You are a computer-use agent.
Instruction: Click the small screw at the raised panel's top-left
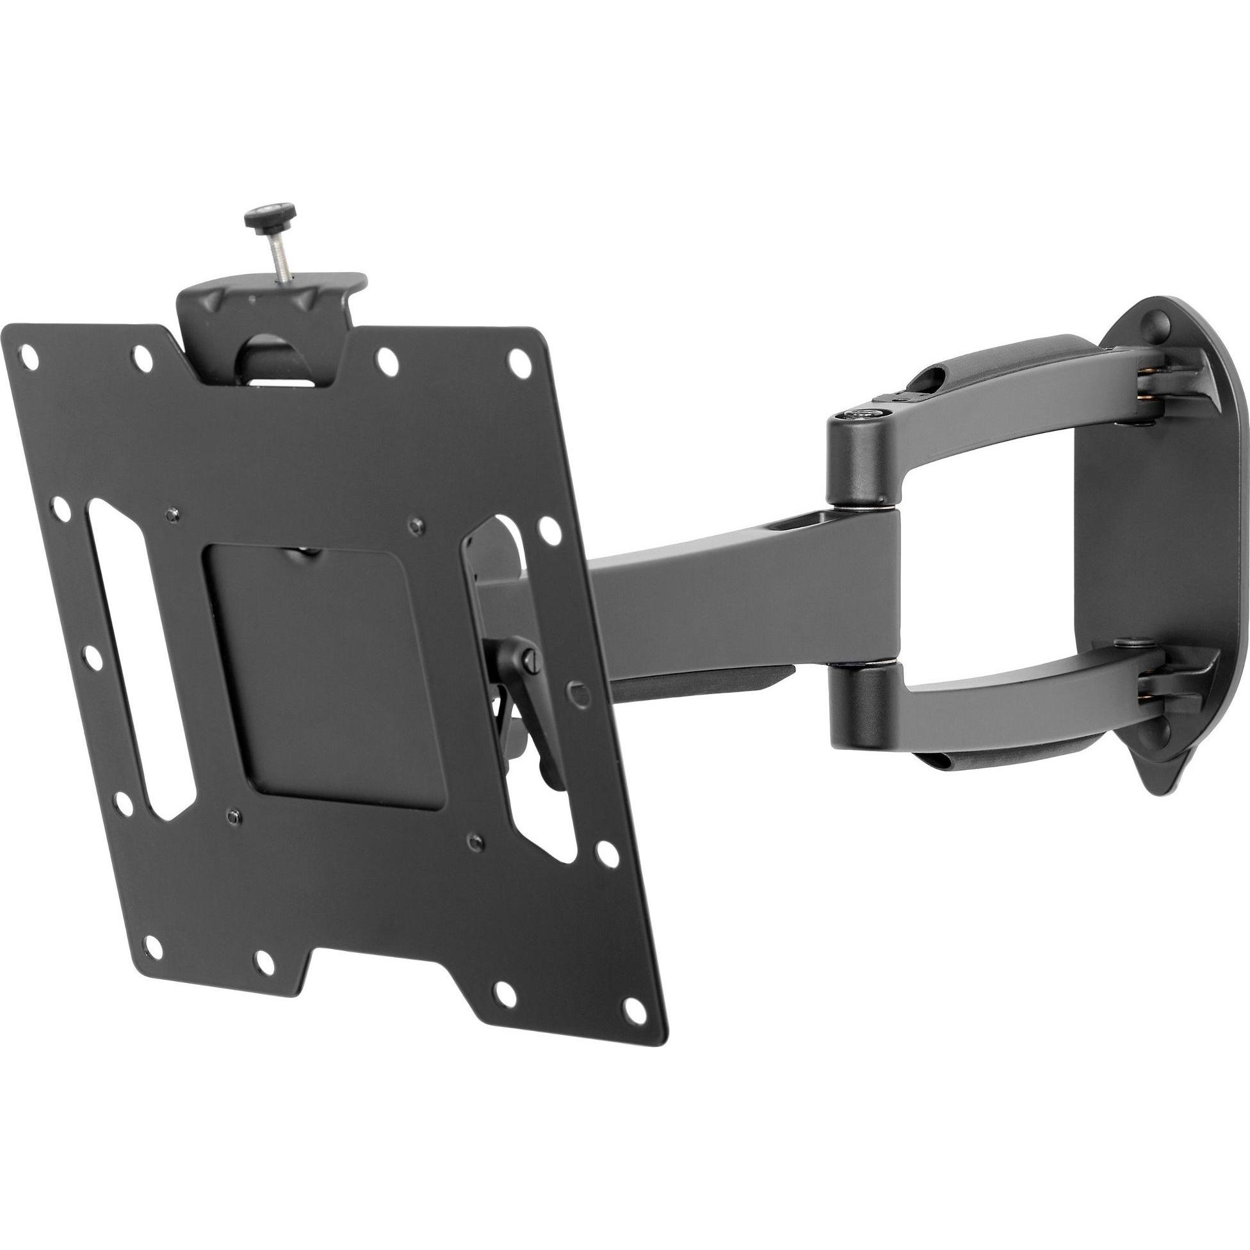170,514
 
